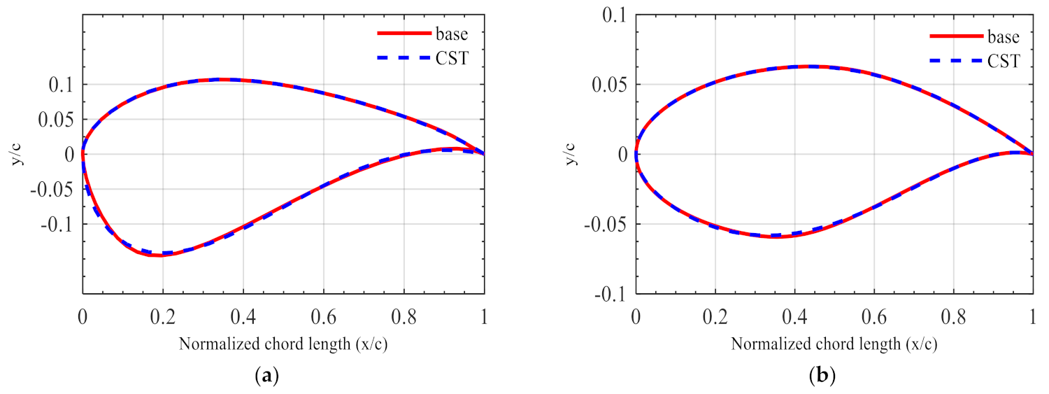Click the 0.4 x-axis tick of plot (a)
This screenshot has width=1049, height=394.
(243, 316)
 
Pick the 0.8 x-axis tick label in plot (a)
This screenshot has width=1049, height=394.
(404, 316)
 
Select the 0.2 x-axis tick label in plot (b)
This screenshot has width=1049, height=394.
(715, 316)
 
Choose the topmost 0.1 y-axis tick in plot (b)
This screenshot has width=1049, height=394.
(613, 15)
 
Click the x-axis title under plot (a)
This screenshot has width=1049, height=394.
(283, 344)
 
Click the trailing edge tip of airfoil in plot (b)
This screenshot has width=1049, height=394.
(1033, 154)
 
